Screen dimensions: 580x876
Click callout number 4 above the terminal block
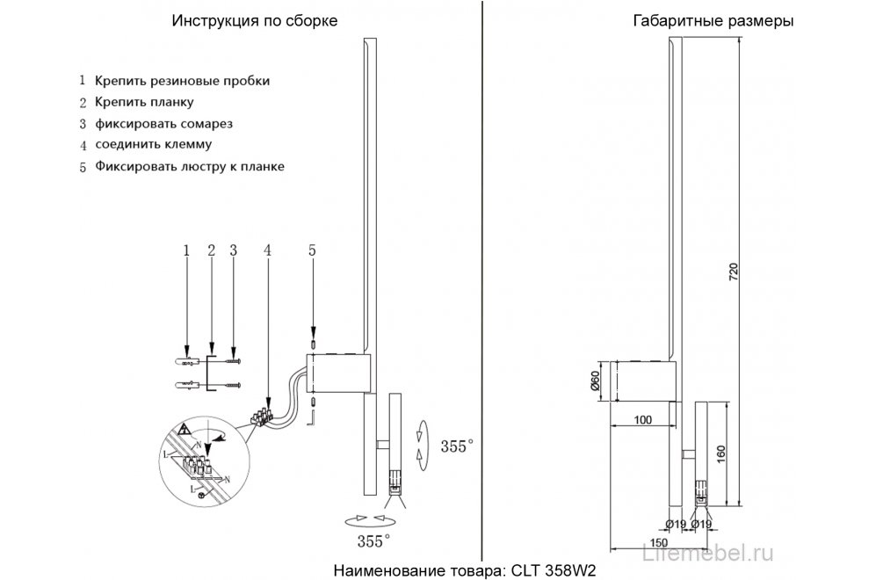pos(267,250)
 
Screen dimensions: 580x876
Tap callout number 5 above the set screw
pos(312,250)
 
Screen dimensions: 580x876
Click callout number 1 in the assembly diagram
pos(186,250)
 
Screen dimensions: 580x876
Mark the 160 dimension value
pos(720,454)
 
